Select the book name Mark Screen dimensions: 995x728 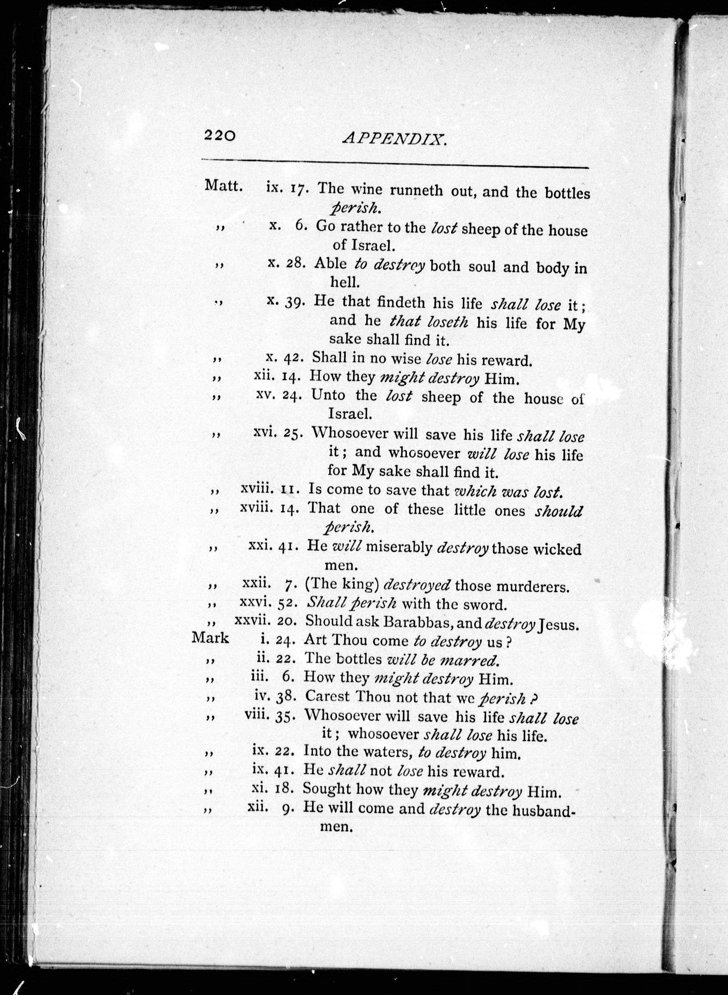click(x=210, y=638)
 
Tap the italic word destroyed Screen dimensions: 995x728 click(x=417, y=585)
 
